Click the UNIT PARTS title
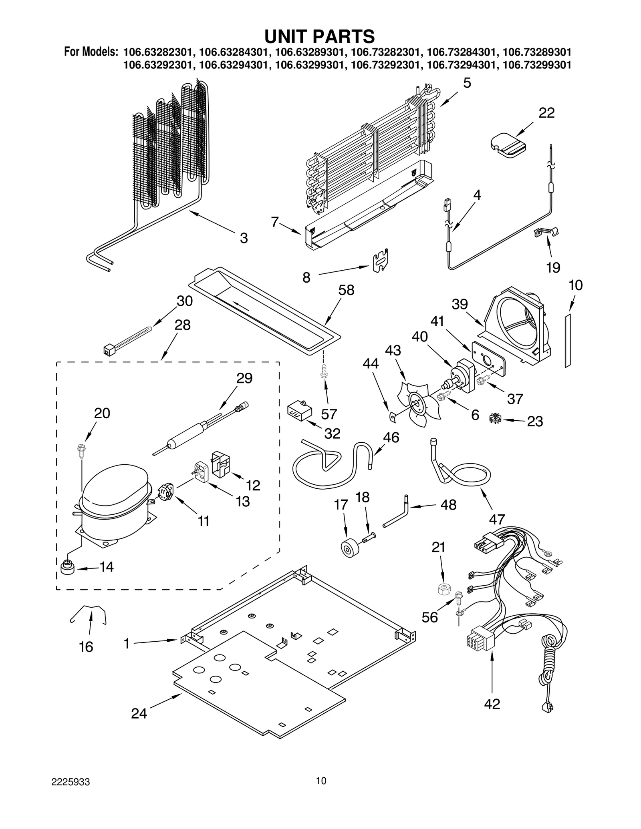[x=319, y=36]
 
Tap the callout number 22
[x=546, y=113]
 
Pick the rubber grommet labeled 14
[x=67, y=568]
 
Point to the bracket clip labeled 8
[x=381, y=260]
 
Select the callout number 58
[x=346, y=290]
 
